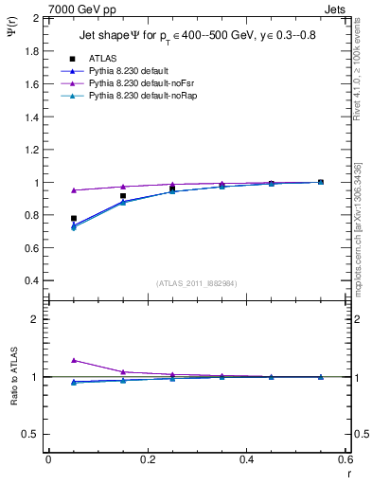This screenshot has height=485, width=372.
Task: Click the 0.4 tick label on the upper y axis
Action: click(x=31, y=281)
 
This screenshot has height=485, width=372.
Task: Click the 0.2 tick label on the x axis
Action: click(x=147, y=459)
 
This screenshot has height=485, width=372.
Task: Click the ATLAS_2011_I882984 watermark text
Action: click(x=196, y=283)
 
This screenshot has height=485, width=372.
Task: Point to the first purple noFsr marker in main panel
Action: click(x=74, y=190)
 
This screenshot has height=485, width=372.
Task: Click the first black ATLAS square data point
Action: click(x=74, y=218)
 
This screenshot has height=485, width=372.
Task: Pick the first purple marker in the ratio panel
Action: click(x=74, y=360)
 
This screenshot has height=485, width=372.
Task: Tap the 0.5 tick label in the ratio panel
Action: click(x=31, y=434)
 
